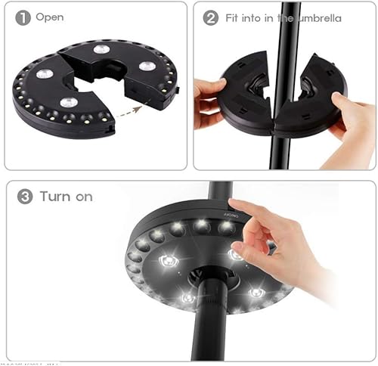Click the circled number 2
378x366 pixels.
(x=211, y=17)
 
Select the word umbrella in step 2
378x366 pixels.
(x=316, y=17)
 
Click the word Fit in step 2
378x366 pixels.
(x=233, y=17)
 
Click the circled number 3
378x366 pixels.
(x=25, y=197)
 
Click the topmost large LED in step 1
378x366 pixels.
(x=101, y=49)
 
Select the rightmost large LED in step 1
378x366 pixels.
(x=147, y=66)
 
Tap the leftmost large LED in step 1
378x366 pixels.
(x=45, y=74)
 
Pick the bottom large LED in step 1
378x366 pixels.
(x=69, y=102)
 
